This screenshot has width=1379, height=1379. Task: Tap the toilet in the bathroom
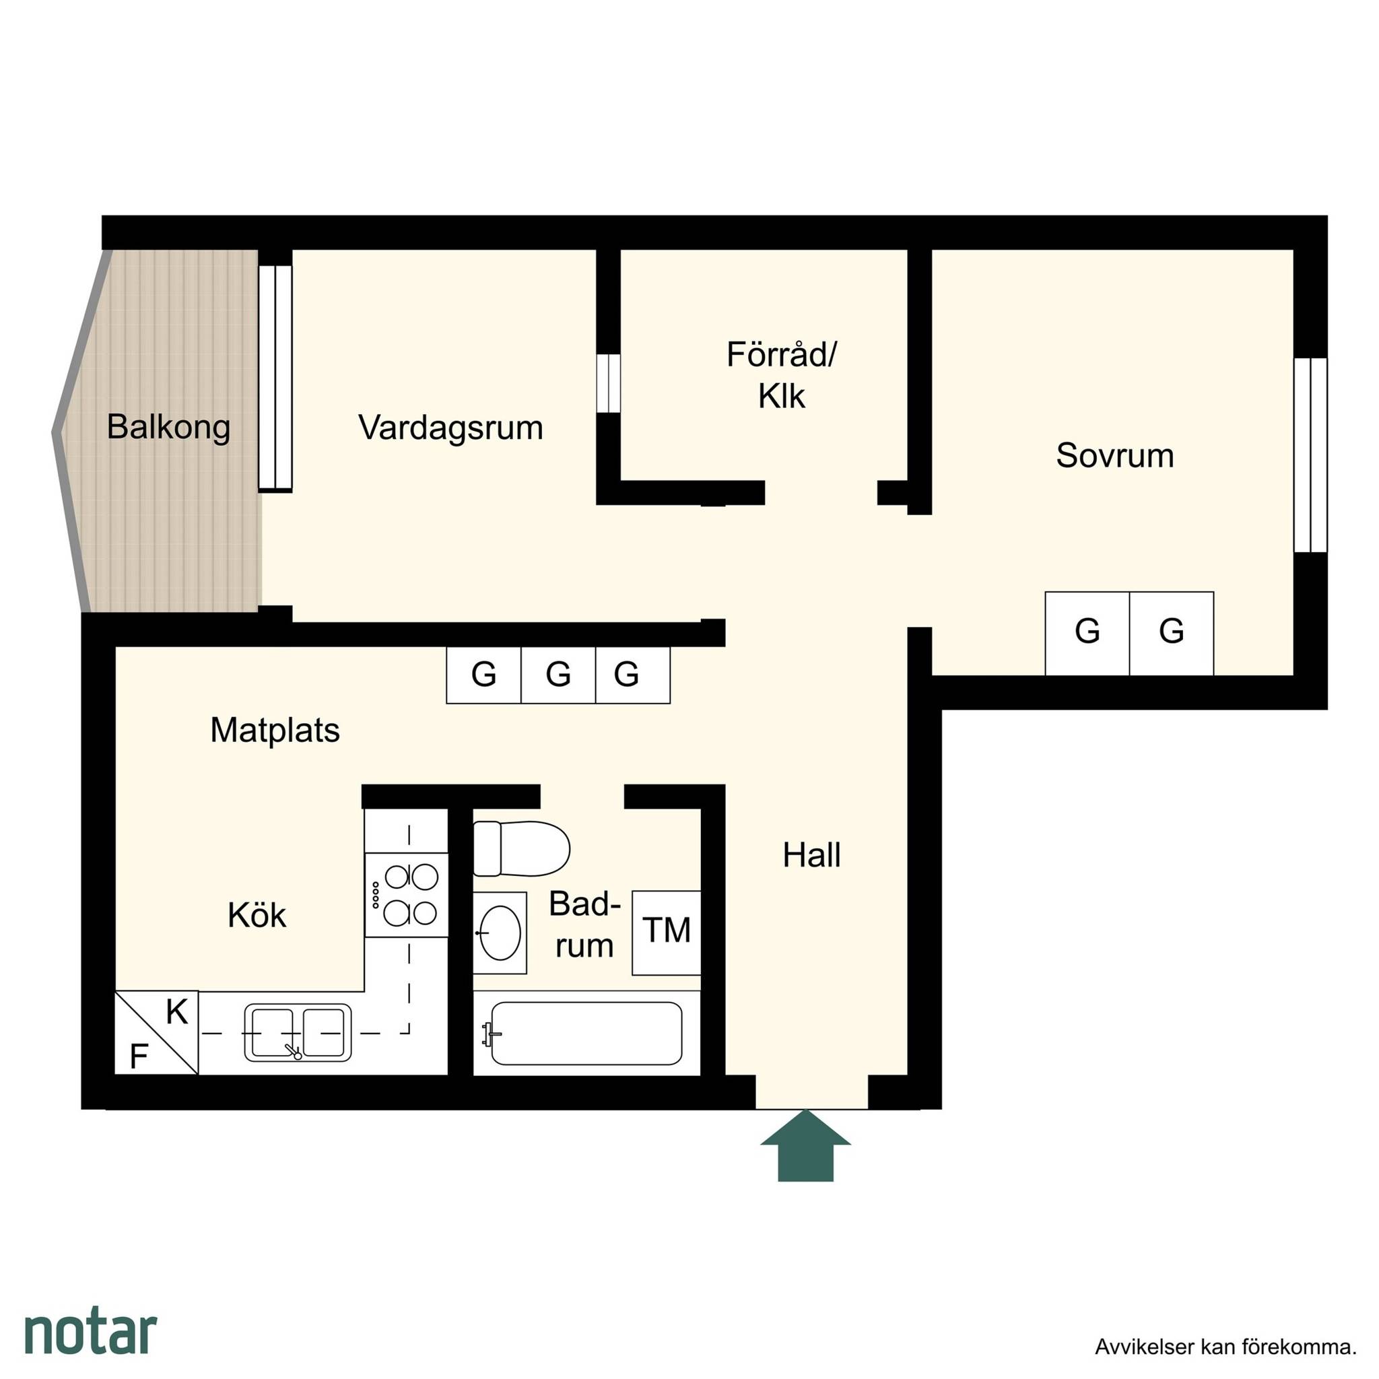point(521,848)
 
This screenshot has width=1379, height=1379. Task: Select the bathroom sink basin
point(500,933)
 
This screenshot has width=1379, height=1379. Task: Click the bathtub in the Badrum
point(586,1034)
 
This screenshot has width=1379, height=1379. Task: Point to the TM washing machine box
point(667,933)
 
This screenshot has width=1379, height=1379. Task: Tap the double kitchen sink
point(298,1033)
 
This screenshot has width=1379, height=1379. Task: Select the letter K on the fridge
point(176,1012)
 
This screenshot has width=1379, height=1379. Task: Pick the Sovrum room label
point(1115,455)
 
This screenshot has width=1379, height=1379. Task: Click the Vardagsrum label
point(450,428)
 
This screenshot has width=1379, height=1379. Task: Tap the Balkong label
point(168,427)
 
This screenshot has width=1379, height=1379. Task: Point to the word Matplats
point(275,730)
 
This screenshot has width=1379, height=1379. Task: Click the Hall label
point(811,854)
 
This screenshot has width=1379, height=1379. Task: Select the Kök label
point(257,915)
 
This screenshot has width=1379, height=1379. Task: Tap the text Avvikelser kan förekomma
point(1225,1347)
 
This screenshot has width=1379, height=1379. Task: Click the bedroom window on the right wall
point(1310,455)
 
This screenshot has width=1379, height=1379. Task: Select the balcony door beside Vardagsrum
point(275,378)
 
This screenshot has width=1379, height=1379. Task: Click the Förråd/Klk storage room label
point(782,376)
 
